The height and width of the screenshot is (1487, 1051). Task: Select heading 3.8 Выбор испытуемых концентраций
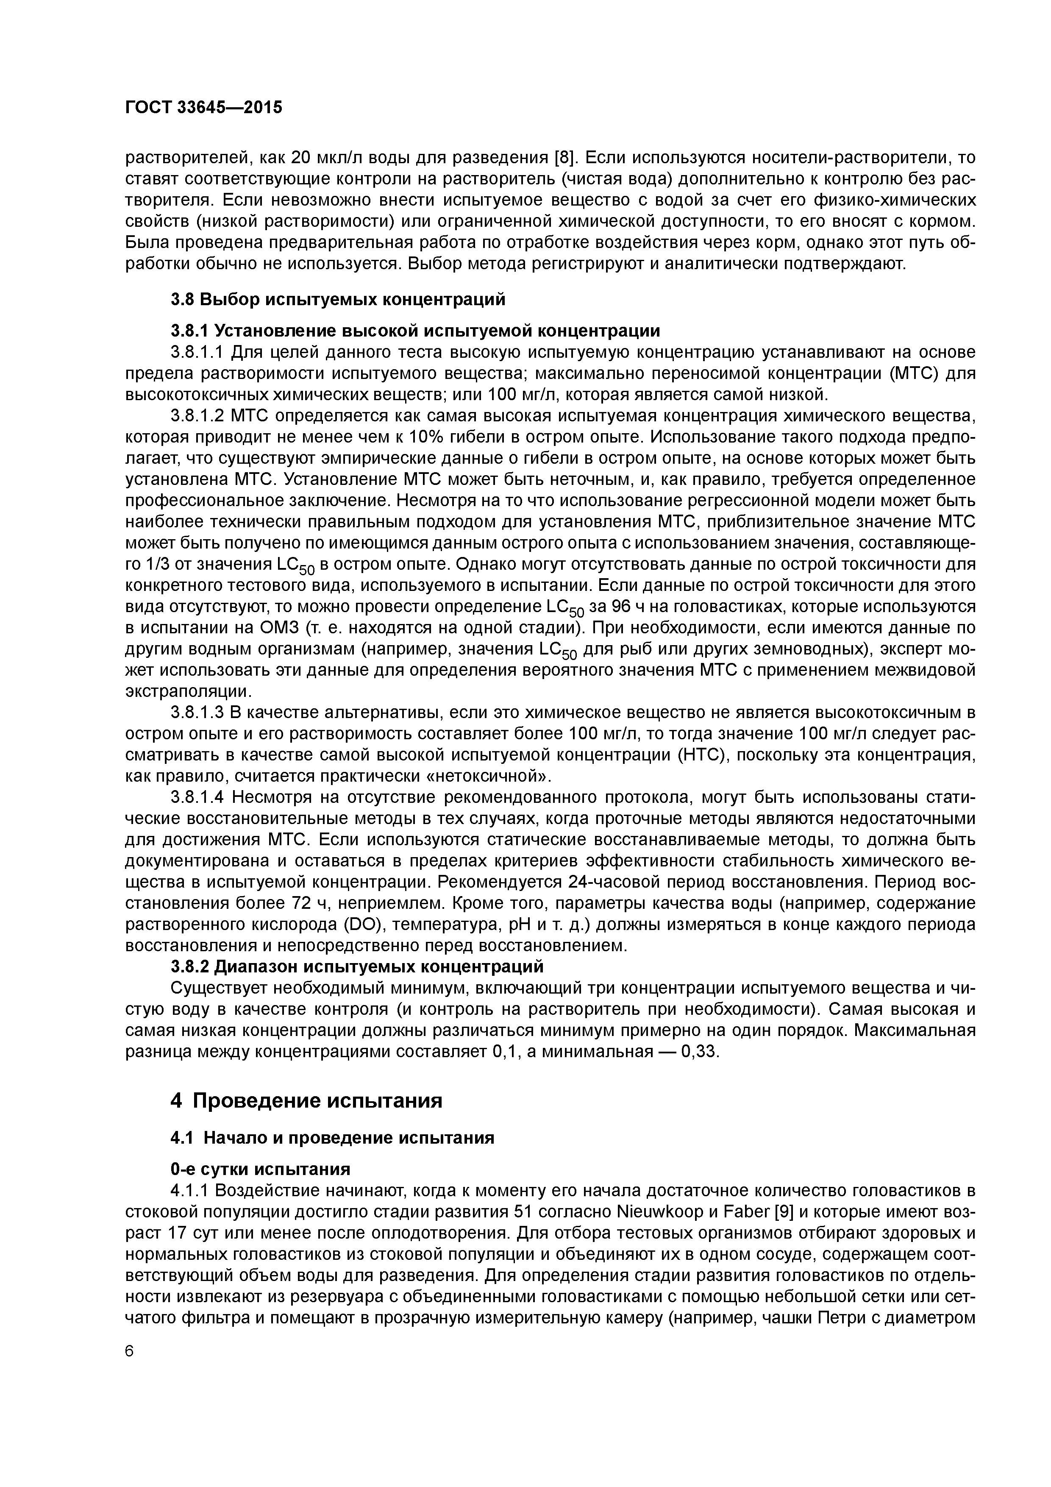tap(337, 299)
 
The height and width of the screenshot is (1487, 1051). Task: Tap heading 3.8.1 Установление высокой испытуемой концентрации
tap(415, 331)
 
